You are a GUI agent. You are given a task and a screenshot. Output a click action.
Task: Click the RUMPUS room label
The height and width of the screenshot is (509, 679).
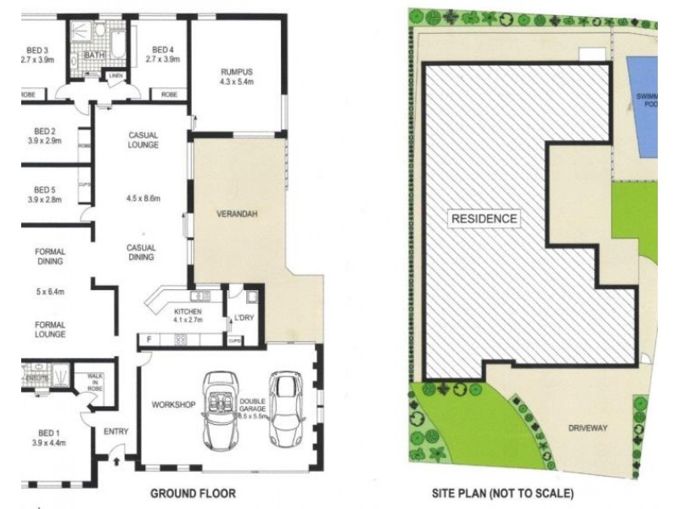click(238, 72)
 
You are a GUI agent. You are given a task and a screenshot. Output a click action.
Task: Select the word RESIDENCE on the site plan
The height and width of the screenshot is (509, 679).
click(484, 219)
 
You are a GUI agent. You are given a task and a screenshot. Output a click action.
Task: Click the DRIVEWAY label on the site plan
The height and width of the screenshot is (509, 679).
click(588, 428)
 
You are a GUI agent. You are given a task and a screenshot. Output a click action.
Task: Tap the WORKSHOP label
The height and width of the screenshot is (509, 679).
click(169, 406)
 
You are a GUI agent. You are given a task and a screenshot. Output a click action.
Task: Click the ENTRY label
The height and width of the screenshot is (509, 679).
click(115, 432)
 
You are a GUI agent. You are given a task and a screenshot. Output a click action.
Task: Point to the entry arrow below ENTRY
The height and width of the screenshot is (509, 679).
click(115, 461)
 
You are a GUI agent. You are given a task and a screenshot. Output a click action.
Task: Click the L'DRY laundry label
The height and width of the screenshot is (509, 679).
click(244, 318)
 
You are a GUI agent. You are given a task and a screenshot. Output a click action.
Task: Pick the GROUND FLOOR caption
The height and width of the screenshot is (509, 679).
click(193, 493)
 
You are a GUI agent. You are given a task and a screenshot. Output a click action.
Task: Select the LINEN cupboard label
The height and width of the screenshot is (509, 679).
click(115, 75)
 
